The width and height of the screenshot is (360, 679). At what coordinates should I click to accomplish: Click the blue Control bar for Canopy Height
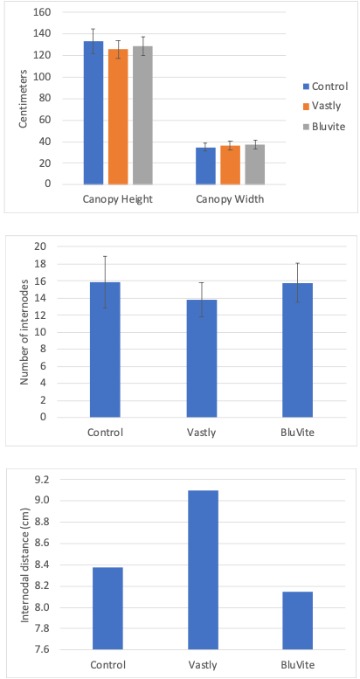point(93,113)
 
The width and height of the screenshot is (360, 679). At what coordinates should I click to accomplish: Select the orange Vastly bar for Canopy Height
point(118,116)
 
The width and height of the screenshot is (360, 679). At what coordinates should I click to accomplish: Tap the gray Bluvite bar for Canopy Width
point(255,164)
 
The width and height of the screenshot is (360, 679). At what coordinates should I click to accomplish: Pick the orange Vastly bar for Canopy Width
point(230,165)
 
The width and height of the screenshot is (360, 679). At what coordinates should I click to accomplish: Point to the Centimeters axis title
point(24,98)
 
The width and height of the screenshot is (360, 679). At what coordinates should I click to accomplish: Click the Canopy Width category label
point(230,199)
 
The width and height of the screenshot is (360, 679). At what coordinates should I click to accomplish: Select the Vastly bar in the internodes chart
point(202,358)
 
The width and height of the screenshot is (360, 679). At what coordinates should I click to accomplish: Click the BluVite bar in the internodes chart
point(298,350)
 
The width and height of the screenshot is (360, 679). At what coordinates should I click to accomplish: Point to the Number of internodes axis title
point(25,332)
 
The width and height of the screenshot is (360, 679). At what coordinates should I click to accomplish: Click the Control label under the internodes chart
point(105,433)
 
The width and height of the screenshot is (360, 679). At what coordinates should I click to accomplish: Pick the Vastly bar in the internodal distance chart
point(204,570)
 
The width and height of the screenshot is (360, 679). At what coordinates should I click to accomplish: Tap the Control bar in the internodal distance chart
point(107,608)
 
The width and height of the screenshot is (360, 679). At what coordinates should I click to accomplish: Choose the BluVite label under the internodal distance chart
point(298,665)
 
